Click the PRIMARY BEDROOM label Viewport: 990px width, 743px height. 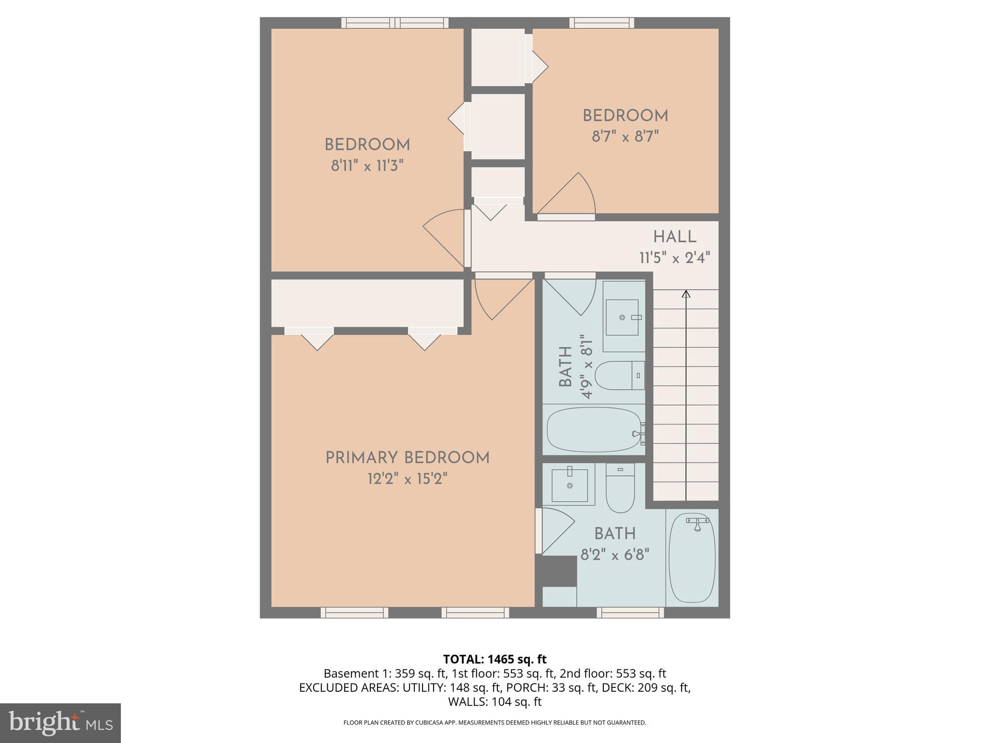tap(407, 458)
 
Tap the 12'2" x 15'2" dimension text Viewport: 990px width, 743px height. tap(407, 479)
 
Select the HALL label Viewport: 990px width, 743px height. tap(674, 237)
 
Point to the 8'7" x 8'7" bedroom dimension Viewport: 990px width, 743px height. tap(625, 137)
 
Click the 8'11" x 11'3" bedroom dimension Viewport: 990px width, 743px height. tap(367, 166)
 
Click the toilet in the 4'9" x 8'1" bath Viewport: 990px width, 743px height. tap(619, 375)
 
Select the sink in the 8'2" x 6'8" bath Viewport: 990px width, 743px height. tap(570, 484)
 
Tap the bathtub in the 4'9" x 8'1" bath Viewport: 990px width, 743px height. tap(595, 430)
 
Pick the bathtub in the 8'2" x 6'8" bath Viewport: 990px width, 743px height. tap(691, 558)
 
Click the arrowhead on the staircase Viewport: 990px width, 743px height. tap(685, 294)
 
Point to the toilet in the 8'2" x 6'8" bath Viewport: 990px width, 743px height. tap(620, 489)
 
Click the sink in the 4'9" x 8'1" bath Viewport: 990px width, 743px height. tap(622, 317)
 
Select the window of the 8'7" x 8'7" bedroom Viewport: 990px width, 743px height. tap(601, 23)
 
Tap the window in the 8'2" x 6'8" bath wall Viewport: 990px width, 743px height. tap(630, 612)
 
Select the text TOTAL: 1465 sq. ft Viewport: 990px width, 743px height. tap(495, 659)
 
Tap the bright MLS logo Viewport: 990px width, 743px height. tap(60, 723)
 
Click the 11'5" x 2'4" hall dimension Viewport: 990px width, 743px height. tap(674, 258)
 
